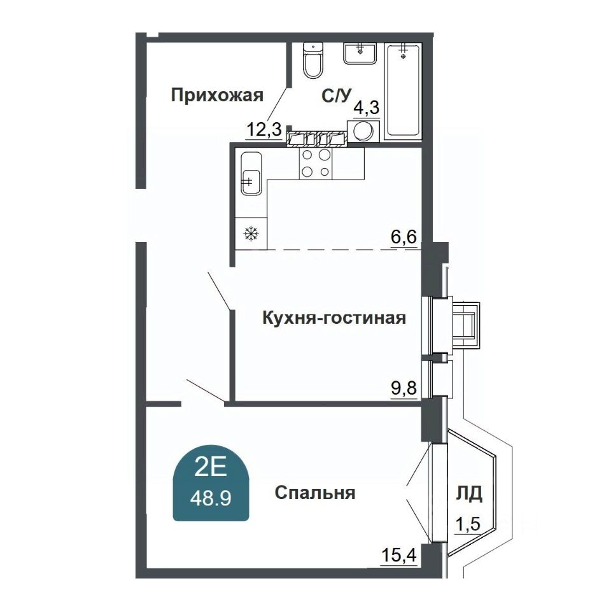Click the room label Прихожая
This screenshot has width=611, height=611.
[217, 95]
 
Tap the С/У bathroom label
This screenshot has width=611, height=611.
[337, 95]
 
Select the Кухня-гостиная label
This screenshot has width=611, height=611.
[334, 318]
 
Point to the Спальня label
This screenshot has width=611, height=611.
[315, 493]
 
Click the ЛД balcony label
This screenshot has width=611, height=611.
[469, 493]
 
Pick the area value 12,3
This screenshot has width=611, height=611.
[264, 130]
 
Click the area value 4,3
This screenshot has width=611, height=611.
[367, 106]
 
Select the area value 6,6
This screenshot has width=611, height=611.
[404, 237]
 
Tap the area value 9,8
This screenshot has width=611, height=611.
[404, 388]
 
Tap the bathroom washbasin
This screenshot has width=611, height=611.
[360, 53]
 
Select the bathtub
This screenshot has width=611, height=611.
[403, 90]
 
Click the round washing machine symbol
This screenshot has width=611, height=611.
[363, 131]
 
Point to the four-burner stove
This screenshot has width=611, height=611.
[316, 163]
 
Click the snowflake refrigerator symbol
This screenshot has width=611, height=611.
[251, 234]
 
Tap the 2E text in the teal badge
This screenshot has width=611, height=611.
[211, 469]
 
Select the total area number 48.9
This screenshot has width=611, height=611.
[211, 498]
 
